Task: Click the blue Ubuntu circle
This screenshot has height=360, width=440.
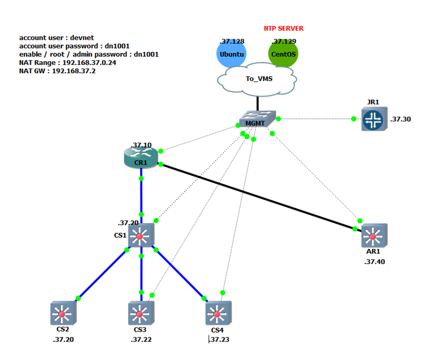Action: pos(231,54)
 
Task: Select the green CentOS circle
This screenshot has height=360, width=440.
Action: pos(283,54)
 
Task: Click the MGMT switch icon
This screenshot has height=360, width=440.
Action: pos(257,120)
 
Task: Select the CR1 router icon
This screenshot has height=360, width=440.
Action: pos(141,157)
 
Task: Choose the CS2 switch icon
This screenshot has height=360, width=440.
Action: pos(63,313)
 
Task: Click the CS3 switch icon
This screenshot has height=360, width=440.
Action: pos(141,313)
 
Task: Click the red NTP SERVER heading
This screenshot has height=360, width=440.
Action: pos(283,29)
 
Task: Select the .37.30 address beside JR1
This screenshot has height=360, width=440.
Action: pos(400,119)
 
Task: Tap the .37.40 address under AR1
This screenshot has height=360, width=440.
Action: pos(374,262)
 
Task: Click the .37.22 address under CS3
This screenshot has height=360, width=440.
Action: pos(141,340)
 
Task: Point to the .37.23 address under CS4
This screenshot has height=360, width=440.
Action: pos(219,340)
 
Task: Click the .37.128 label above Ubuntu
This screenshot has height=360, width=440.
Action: pos(231,41)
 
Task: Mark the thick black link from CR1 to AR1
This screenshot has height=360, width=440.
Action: pos(257,196)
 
